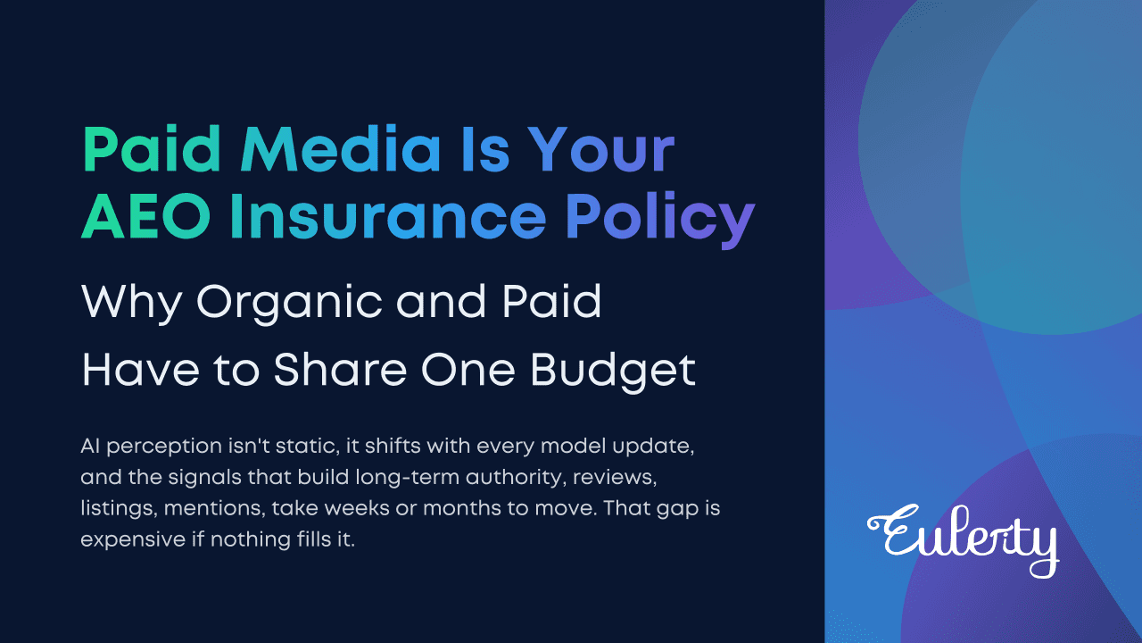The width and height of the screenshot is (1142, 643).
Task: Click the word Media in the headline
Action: (x=341, y=149)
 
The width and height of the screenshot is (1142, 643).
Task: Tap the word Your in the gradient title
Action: (x=601, y=149)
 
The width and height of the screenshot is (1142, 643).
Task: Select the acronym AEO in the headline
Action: (x=146, y=216)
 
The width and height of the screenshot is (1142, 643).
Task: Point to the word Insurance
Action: (x=388, y=216)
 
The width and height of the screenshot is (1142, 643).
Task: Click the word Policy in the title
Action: (x=661, y=220)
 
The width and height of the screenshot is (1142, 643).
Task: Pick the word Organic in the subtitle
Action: (x=288, y=305)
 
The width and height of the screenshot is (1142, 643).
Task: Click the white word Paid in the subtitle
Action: (x=551, y=301)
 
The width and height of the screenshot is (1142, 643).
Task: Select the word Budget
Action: (x=612, y=372)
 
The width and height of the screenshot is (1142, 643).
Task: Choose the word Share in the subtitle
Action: (x=340, y=370)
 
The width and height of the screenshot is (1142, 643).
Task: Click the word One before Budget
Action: (x=468, y=370)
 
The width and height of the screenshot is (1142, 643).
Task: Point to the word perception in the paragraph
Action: (x=164, y=447)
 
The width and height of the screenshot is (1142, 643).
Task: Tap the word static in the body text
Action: (x=309, y=446)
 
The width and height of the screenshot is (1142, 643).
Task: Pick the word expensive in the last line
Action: (x=133, y=540)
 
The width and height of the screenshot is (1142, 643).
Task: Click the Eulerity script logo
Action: (x=963, y=540)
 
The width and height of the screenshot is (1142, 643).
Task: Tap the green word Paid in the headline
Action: (x=152, y=149)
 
